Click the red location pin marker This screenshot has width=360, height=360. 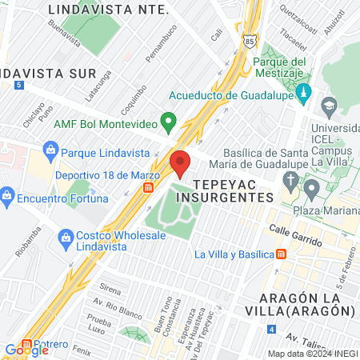[181, 162]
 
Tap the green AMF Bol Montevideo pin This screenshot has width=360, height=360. [168, 122]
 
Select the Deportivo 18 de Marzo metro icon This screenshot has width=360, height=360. [148, 187]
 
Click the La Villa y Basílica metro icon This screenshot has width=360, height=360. [281, 254]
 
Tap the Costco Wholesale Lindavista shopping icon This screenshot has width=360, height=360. [67, 236]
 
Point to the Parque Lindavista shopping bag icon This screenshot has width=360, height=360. [50, 150]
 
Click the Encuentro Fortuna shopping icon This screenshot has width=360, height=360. [7, 194]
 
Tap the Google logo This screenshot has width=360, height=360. [26, 350]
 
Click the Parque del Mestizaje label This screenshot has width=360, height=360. [280, 68]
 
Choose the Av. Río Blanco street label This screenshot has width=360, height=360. [115, 302]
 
